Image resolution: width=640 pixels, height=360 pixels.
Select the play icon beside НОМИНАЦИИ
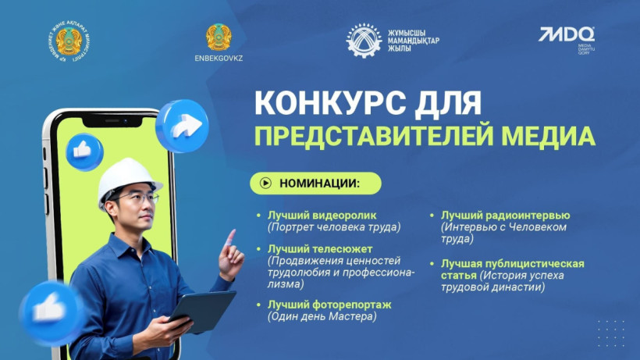pos(265,184)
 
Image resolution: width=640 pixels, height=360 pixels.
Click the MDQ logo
pos(567,36)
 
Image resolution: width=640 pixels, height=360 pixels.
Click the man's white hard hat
pos(128,179)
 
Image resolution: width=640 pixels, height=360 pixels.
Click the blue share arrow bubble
pos(181,125)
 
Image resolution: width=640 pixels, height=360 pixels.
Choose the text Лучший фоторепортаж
pos(318,304)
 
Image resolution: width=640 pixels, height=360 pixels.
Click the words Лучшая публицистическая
pos(512,263)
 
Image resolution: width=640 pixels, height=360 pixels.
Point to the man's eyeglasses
pos(138,199)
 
